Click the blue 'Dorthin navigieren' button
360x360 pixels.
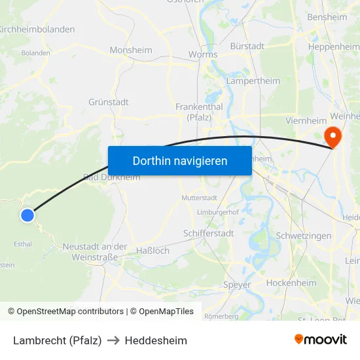click(x=179, y=160)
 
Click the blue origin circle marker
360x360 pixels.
click(x=27, y=215)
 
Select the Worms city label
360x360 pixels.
click(x=202, y=55)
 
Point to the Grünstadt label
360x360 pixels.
click(x=108, y=102)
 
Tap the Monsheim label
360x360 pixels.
click(x=131, y=50)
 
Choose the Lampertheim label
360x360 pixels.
click(x=253, y=81)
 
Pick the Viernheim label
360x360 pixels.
click(x=306, y=120)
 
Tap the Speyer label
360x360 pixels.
click(x=237, y=285)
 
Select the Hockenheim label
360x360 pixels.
click(x=291, y=283)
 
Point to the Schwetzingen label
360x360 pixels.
click(x=304, y=236)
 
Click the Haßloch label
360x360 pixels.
click(x=153, y=251)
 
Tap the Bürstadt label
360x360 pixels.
click(x=247, y=46)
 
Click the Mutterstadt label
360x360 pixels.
click(x=199, y=197)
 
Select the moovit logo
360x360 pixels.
click(x=320, y=339)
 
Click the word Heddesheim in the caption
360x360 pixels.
click(x=156, y=340)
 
